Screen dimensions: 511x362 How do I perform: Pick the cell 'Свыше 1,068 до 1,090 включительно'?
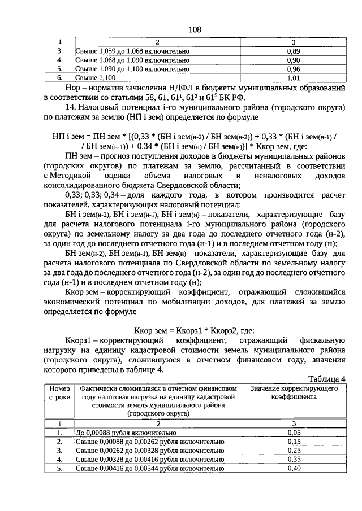[132, 60]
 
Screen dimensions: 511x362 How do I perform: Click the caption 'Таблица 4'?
[326, 378]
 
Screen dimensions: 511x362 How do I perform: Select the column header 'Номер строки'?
[59, 393]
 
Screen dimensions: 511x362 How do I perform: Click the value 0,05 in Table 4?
[293, 433]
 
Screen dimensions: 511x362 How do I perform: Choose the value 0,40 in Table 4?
[293, 469]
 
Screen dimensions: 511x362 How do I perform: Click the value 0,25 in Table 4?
[293, 451]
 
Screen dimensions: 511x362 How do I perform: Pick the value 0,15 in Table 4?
[293, 442]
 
